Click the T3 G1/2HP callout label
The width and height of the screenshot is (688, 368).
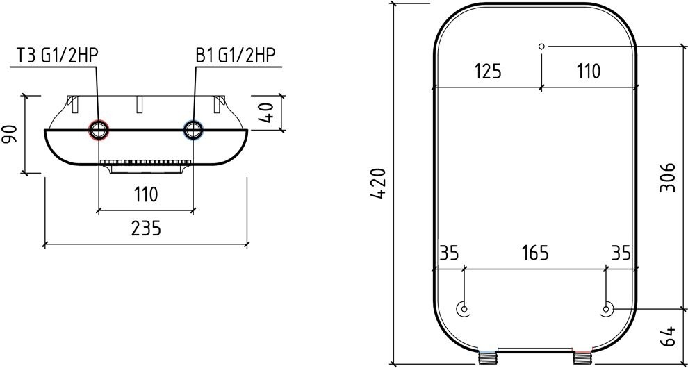[x=57, y=56]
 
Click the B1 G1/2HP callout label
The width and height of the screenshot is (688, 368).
[x=235, y=56]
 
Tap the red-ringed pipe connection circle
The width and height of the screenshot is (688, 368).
[x=99, y=130]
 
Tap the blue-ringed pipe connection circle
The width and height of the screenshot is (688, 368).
[x=193, y=130]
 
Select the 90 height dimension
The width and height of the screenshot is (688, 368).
[x=10, y=134]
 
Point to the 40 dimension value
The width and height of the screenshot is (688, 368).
[x=268, y=112]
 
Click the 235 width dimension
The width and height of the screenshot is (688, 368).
[x=146, y=228]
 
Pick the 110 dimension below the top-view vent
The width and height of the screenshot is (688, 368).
[x=146, y=194]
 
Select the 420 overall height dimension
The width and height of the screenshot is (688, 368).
[x=378, y=183]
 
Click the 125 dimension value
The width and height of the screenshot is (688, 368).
[x=487, y=71]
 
